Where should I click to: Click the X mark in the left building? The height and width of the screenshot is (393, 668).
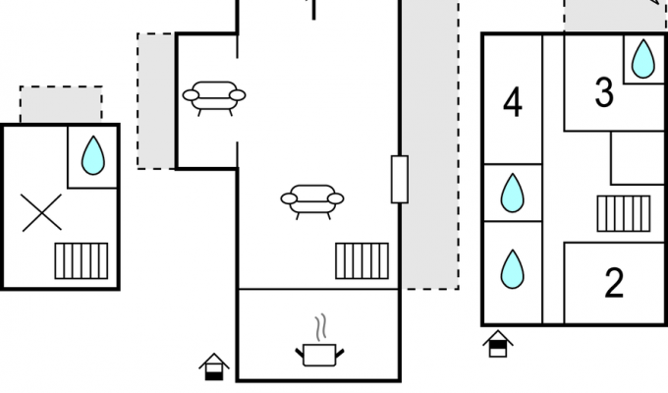tap(41, 212)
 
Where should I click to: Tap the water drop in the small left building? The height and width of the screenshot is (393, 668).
tap(93, 155)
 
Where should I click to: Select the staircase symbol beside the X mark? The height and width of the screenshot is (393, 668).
tap(82, 261)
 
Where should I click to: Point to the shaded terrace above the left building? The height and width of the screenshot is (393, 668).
tap(61, 104)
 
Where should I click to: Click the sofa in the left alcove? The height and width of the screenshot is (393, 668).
tap(214, 98)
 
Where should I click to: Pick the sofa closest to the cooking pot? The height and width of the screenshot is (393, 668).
tap(312, 202)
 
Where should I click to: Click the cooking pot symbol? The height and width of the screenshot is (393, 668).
tap(319, 355)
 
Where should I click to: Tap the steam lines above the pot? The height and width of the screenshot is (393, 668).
tap(321, 327)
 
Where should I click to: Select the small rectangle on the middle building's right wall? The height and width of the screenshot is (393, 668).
tap(400, 179)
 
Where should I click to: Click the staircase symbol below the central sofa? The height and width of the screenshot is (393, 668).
tap(362, 261)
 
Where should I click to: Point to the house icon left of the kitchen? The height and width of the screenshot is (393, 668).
tap(214, 366)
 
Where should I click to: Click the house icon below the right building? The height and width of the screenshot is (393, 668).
tap(498, 344)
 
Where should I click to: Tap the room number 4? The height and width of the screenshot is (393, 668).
tap(513, 102)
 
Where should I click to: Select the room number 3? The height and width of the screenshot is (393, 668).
tap(604, 92)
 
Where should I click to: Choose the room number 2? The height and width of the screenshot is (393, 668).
tap(614, 283)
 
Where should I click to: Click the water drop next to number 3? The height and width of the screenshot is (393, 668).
tap(643, 59)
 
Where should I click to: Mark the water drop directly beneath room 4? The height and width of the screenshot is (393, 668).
tap(513, 193)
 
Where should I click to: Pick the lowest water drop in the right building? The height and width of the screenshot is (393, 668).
tap(513, 269)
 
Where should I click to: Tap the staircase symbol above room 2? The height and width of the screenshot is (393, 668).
tap(624, 213)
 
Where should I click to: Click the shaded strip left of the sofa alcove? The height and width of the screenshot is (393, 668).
tap(156, 101)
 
